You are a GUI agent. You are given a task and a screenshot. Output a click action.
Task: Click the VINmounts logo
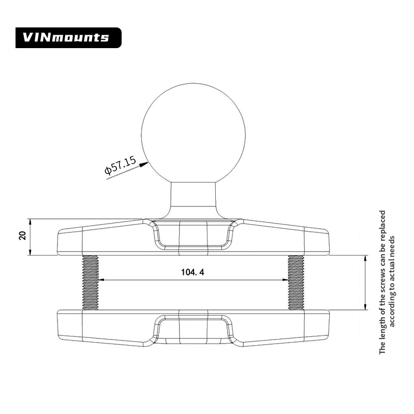tap(67, 37)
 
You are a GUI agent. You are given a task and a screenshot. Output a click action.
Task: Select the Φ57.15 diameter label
tap(120, 166)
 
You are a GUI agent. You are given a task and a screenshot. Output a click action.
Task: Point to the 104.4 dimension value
tap(193, 273)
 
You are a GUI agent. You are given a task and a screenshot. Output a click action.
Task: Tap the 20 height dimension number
tap(22, 236)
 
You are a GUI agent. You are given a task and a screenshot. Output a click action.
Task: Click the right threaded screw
tap(296, 282)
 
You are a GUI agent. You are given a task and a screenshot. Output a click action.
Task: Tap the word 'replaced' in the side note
tap(383, 228)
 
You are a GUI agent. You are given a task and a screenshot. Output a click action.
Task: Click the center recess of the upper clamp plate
tap(193, 236)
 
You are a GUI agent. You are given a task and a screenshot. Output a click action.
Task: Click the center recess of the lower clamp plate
tap(193, 329)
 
